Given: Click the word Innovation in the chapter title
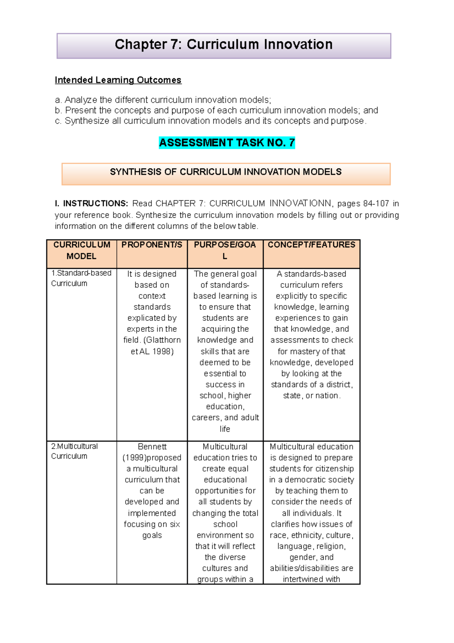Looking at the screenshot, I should pyautogui.click(x=298, y=45).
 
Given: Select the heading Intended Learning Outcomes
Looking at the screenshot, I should pyautogui.click(x=118, y=80).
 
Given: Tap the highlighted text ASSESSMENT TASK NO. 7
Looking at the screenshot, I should pyautogui.click(x=227, y=143).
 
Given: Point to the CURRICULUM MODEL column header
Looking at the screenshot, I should pyautogui.click(x=81, y=250).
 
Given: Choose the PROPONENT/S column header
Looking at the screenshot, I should pyautogui.click(x=152, y=245).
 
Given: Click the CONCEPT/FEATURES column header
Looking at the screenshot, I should pyautogui.click(x=311, y=245).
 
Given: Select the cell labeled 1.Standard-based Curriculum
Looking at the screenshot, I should pyautogui.click(x=81, y=278).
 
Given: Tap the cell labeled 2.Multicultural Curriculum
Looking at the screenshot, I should pyautogui.click(x=75, y=451).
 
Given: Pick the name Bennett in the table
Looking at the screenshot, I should pyautogui.click(x=152, y=446).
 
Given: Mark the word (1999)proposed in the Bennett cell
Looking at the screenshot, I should pyautogui.click(x=152, y=457).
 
